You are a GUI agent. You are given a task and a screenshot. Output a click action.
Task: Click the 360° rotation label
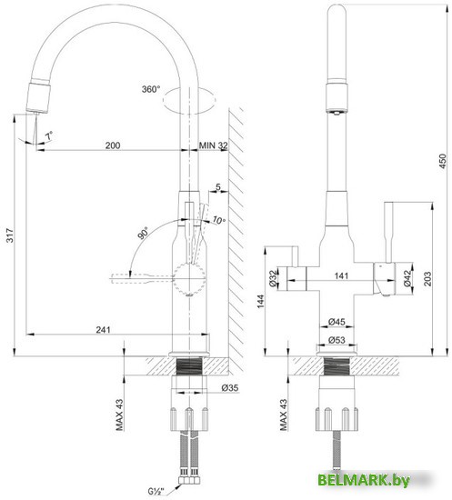tap(150, 89)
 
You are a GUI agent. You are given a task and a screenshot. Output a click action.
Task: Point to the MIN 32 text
tap(213, 145)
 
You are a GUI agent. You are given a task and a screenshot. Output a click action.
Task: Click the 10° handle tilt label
tap(217, 220)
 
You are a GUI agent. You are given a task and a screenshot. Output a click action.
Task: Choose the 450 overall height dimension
tap(441, 162)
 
